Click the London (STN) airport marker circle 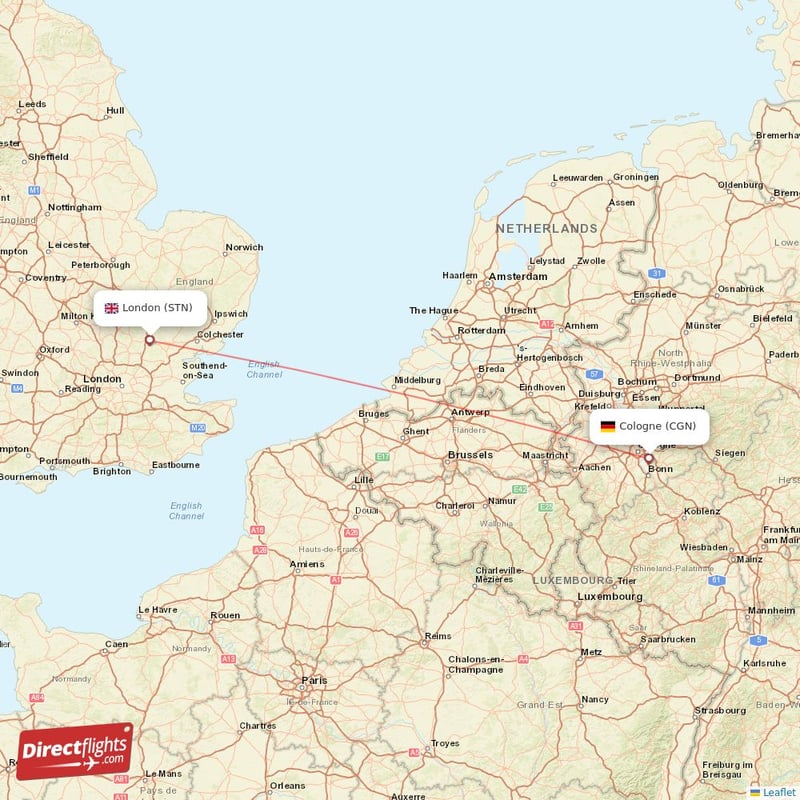pyautogui.click(x=150, y=340)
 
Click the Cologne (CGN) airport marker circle pyautogui.click(x=648, y=459)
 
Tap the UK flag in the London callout pyautogui.click(x=111, y=308)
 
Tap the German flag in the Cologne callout pyautogui.click(x=607, y=426)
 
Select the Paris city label pyautogui.click(x=314, y=680)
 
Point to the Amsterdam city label pyautogui.click(x=518, y=276)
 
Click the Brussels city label pyautogui.click(x=470, y=455)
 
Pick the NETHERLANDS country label pyautogui.click(x=547, y=229)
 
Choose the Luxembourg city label pyautogui.click(x=610, y=596)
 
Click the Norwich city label pyautogui.click(x=244, y=247)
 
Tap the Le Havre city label pyautogui.click(x=158, y=609)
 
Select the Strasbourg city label pyautogui.click(x=721, y=710)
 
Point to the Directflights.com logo pyautogui.click(x=75, y=750)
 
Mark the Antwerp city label pyautogui.click(x=470, y=412)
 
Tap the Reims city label pyautogui.click(x=437, y=636)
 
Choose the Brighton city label pyautogui.click(x=111, y=471)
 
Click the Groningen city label pyautogui.click(x=636, y=177)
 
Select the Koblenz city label pyautogui.click(x=701, y=511)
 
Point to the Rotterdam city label pyautogui.click(x=482, y=330)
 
